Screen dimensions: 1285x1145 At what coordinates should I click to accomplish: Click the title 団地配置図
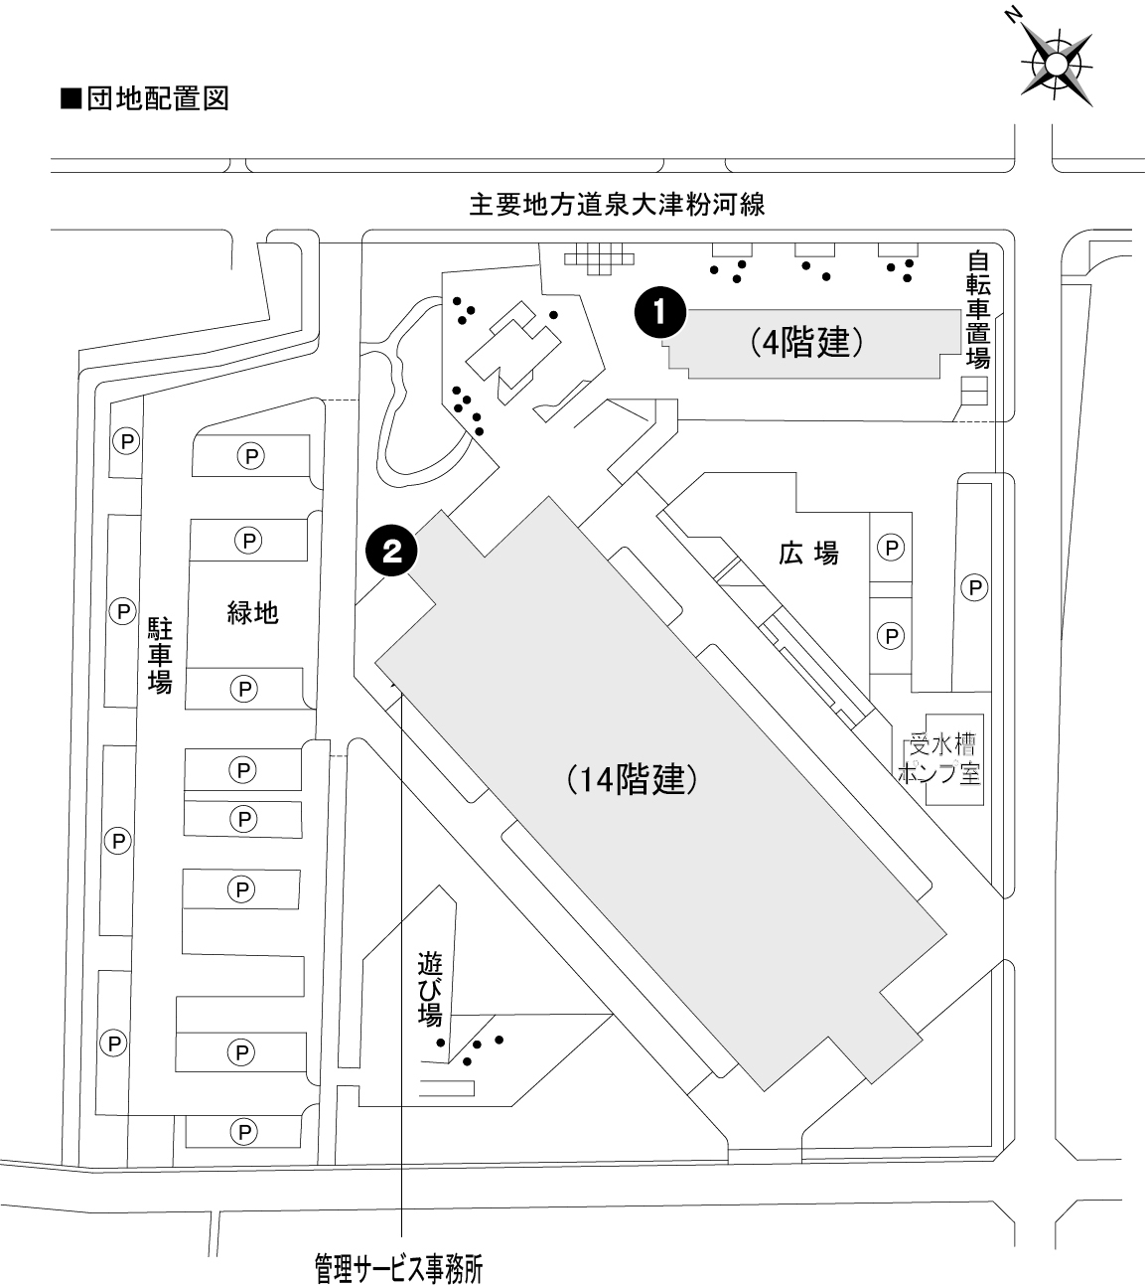pyautogui.click(x=146, y=99)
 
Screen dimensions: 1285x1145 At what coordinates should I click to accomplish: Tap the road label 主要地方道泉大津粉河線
pyautogui.click(x=617, y=205)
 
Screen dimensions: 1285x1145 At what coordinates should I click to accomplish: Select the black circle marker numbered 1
pyautogui.click(x=659, y=311)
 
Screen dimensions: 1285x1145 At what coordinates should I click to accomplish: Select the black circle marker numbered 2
pyautogui.click(x=391, y=551)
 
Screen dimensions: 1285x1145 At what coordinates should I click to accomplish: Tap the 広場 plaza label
pyautogui.click(x=808, y=553)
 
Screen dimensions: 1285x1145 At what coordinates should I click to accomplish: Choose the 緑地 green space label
pyautogui.click(x=252, y=611)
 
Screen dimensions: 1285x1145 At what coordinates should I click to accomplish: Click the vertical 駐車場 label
pyautogui.click(x=161, y=655)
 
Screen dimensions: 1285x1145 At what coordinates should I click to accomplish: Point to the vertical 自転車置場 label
pyautogui.click(x=978, y=309)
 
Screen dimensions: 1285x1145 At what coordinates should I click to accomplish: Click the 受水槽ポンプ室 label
pyautogui.click(x=942, y=759)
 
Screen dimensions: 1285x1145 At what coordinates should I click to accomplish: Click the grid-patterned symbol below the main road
pyautogui.click(x=598, y=259)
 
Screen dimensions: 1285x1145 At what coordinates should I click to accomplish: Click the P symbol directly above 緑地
pyautogui.click(x=246, y=540)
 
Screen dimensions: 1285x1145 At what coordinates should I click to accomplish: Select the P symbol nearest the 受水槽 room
pyautogui.click(x=892, y=634)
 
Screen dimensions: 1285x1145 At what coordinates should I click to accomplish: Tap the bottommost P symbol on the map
pyautogui.click(x=242, y=1131)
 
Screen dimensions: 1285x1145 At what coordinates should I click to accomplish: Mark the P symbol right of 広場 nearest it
pyautogui.click(x=892, y=547)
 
